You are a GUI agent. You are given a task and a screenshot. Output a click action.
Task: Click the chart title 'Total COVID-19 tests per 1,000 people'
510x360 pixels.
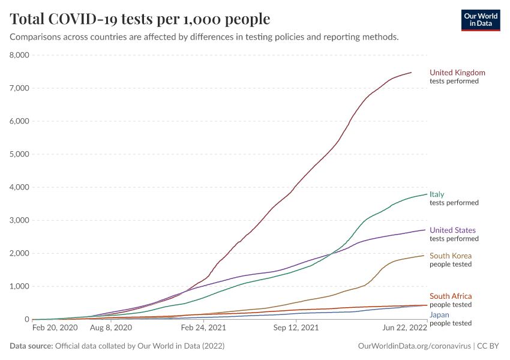(140, 19)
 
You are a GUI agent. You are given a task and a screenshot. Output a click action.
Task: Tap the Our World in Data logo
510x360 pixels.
(481, 19)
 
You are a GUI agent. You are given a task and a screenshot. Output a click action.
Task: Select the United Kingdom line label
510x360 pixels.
(457, 73)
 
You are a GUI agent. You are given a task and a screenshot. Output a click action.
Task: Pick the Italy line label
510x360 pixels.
(437, 194)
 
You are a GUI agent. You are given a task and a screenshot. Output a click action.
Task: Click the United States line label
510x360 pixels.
(452, 230)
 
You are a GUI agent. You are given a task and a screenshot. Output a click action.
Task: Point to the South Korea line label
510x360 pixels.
(451, 256)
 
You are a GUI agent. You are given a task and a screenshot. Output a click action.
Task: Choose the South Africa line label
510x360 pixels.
(451, 296)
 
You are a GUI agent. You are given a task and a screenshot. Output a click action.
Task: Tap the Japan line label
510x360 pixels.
(439, 314)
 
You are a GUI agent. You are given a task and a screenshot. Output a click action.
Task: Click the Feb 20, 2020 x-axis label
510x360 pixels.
(55, 329)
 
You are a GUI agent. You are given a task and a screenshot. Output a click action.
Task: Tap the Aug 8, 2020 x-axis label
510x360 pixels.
(110, 329)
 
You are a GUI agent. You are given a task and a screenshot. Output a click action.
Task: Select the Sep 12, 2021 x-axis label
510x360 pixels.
(295, 329)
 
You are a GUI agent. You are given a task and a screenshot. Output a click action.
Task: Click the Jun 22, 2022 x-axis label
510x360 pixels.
(404, 329)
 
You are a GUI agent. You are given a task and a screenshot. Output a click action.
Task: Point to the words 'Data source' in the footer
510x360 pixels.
(30, 346)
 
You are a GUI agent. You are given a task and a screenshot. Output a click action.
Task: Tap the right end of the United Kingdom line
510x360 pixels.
(411, 73)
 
